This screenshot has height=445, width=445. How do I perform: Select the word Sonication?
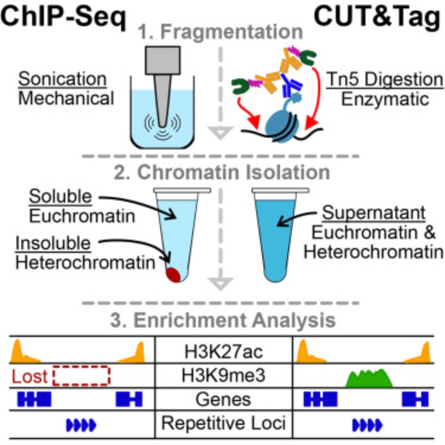coord(62,80)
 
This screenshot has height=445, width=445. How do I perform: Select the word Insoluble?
coord(53,243)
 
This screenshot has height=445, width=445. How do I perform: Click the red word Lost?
coord(29,377)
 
